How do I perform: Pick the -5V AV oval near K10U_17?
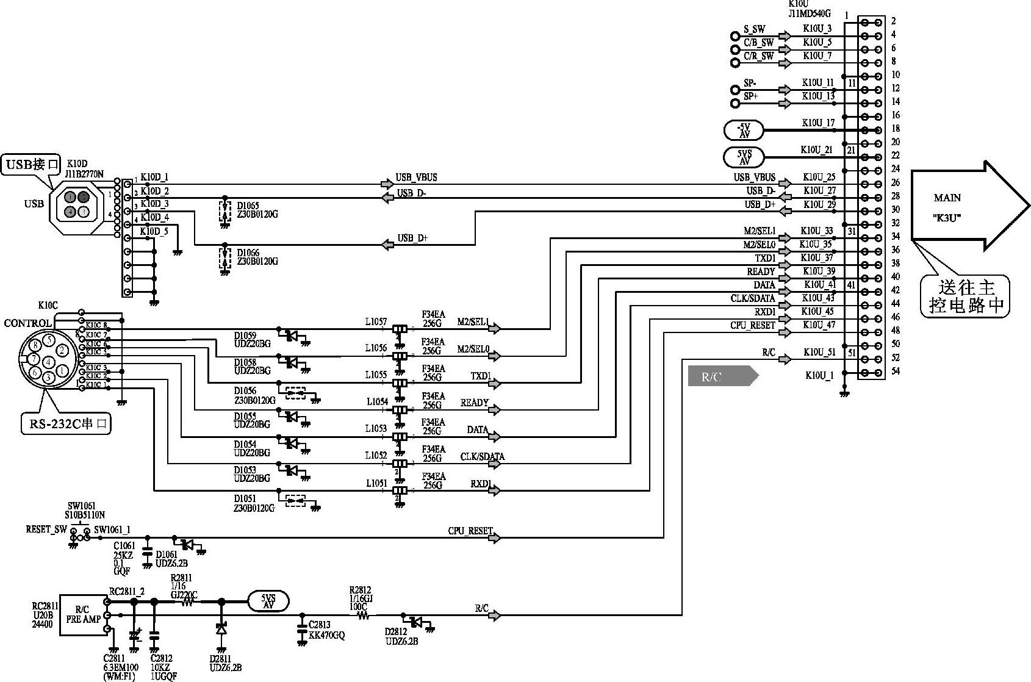(x=744, y=130)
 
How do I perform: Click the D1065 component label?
(x=248, y=206)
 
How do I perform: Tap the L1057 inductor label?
(x=376, y=321)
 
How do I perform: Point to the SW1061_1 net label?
(x=112, y=530)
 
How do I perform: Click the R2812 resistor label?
(x=359, y=590)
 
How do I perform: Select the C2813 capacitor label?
(x=319, y=625)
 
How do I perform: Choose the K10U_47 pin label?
(x=819, y=325)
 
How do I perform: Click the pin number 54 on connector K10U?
(x=895, y=372)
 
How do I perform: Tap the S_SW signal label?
(x=754, y=29)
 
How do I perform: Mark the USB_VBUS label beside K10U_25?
(x=754, y=178)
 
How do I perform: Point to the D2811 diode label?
(x=221, y=659)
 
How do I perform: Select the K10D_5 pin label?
(x=154, y=232)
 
